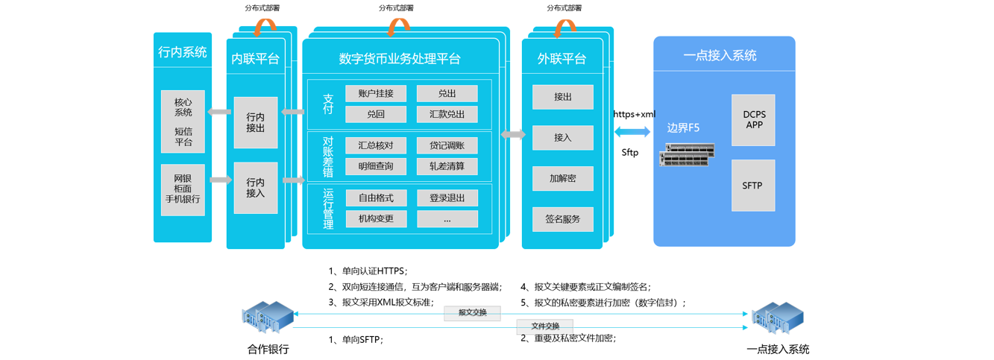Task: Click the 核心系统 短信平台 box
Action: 183,121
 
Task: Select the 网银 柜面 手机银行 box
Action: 183,189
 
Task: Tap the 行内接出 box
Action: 255,122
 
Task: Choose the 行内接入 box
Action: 255,188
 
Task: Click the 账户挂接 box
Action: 376,93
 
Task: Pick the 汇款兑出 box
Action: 447,114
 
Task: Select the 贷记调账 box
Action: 447,145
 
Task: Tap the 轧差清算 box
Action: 447,166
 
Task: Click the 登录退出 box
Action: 447,198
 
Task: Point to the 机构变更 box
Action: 376,219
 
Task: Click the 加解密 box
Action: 562,179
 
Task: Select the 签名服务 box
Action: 562,219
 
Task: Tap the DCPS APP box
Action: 753,120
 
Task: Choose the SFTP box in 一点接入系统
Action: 753,185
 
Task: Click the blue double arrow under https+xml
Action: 633,132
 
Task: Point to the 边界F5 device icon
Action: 687,154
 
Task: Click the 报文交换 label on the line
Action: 472,313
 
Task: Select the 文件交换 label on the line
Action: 545,326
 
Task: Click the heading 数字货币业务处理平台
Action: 400,59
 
